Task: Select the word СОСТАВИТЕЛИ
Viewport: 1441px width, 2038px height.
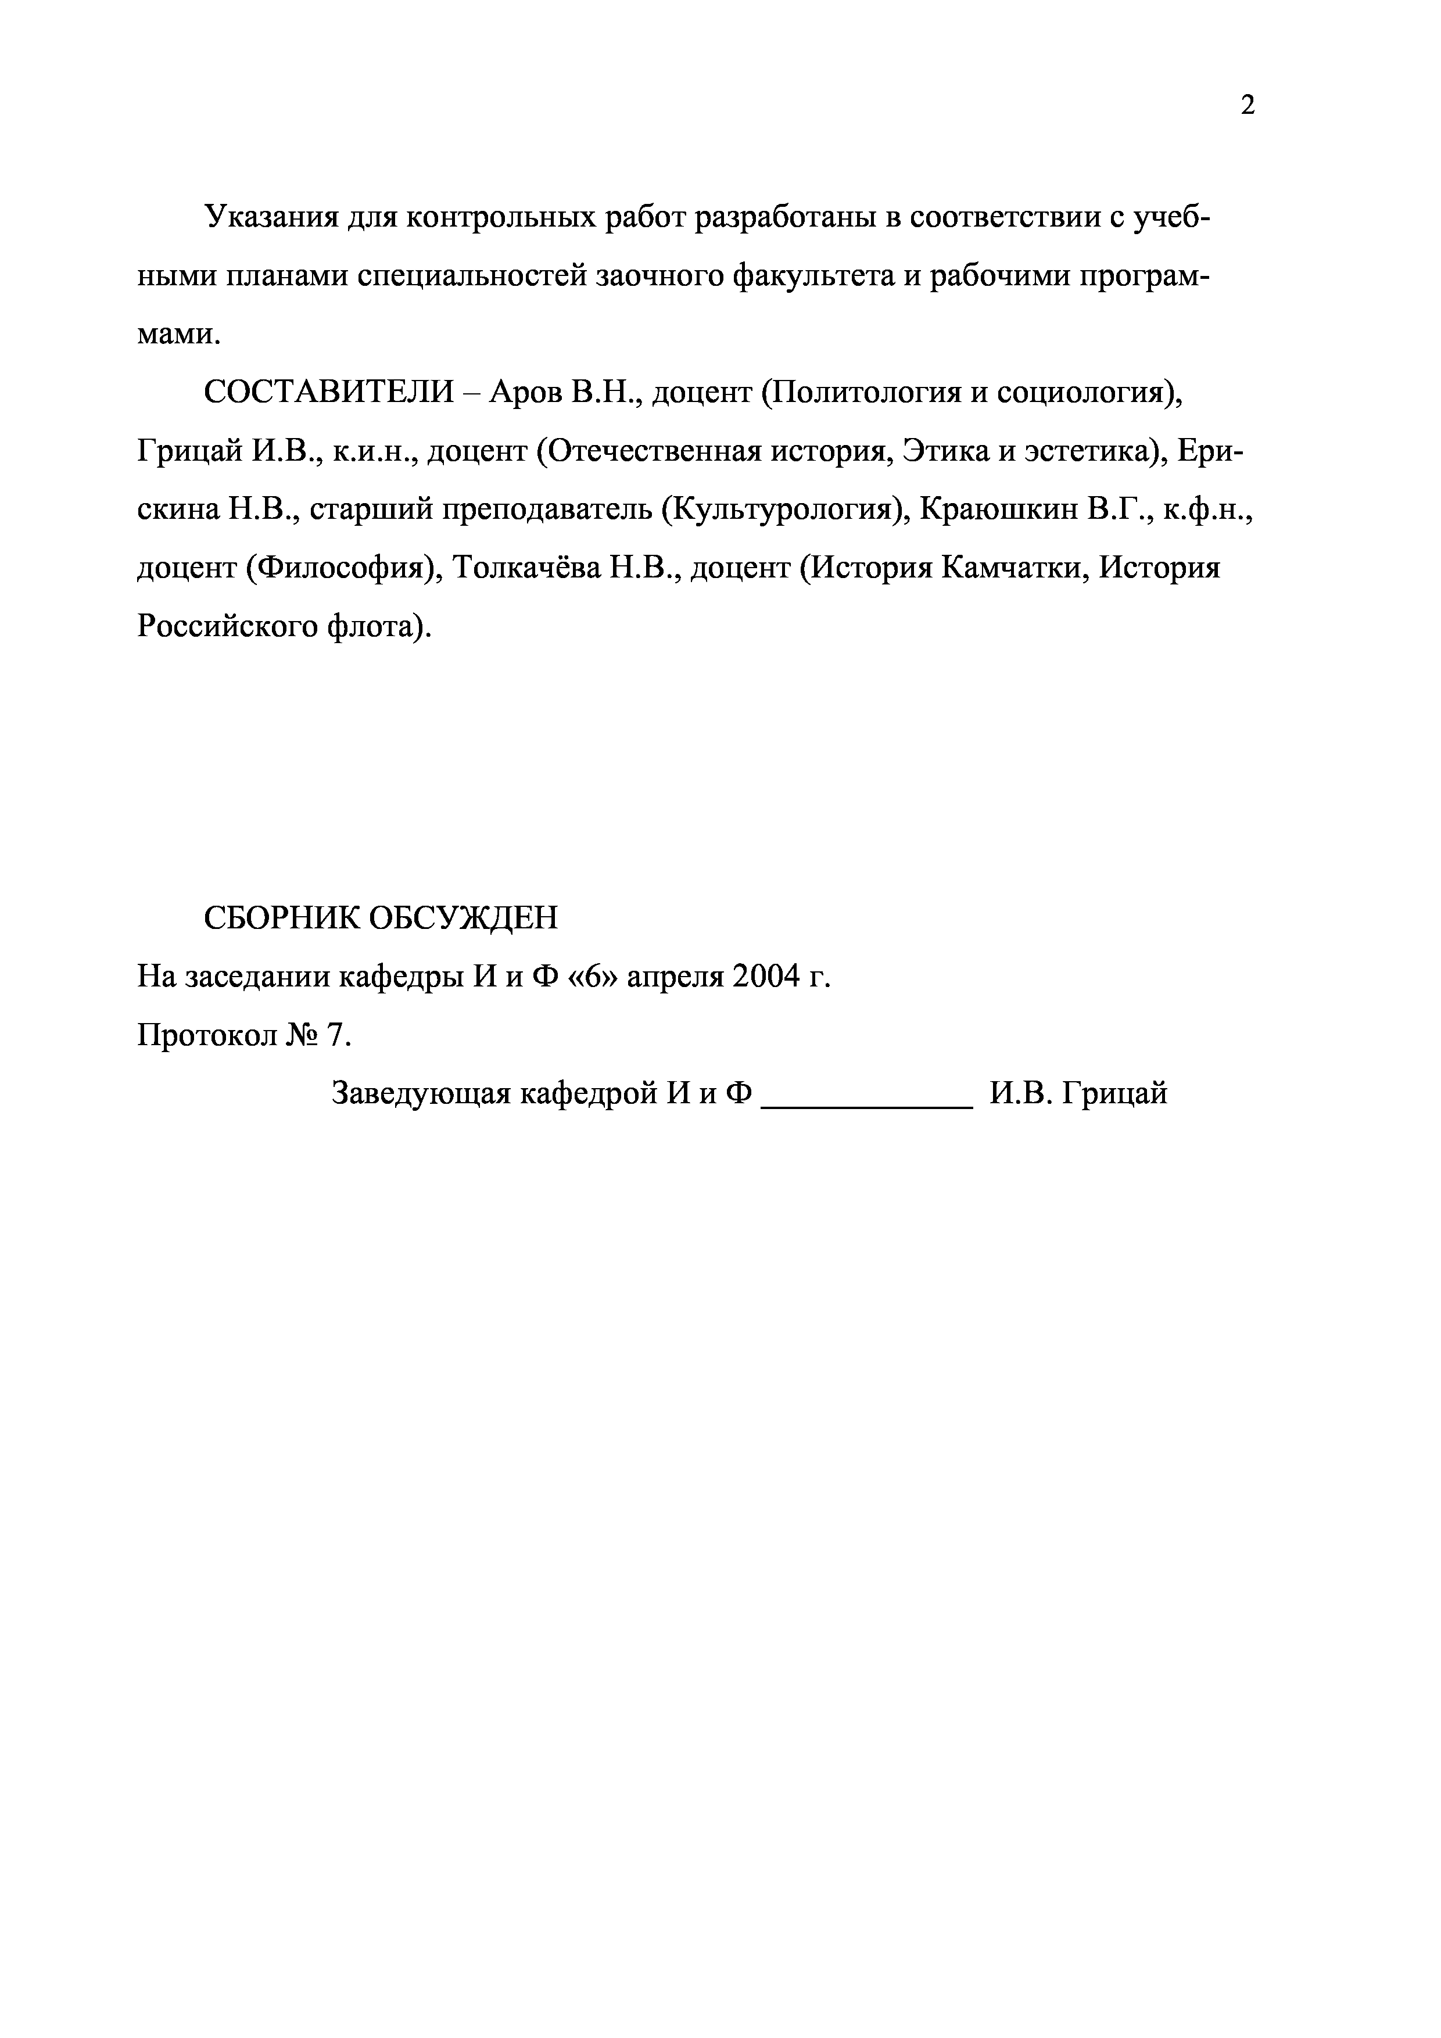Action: point(328,392)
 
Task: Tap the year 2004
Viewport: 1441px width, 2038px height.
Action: point(765,977)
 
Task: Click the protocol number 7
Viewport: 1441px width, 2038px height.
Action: point(334,1035)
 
